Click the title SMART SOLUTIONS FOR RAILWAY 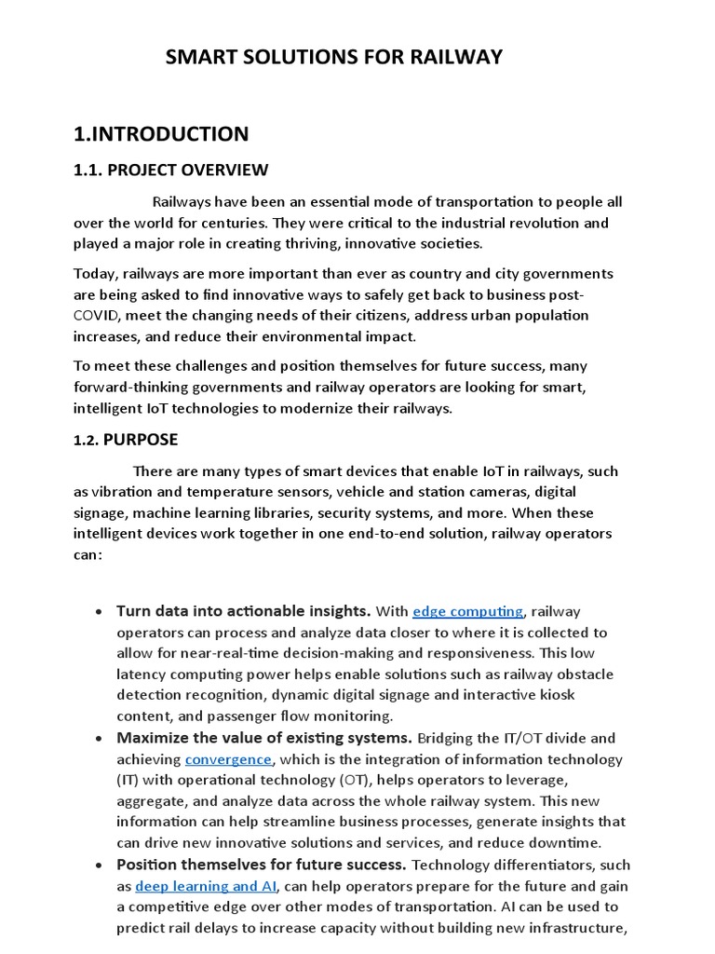[333, 58]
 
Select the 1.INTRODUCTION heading [161, 134]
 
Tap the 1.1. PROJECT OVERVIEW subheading [170, 170]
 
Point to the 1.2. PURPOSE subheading [126, 440]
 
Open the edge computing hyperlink [467, 611]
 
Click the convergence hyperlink [228, 759]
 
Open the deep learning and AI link [207, 885]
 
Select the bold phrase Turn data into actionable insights [243, 611]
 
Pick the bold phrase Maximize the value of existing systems [263, 738]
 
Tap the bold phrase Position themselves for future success [261, 865]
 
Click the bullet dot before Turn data [99, 612]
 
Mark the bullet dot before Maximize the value [99, 739]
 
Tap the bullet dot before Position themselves [99, 865]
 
